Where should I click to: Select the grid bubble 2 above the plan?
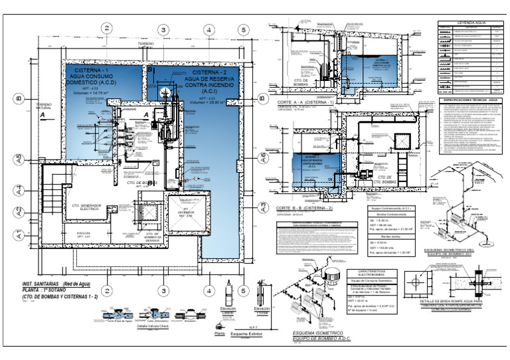106,28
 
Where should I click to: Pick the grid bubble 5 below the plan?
243,290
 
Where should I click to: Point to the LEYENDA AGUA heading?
471,23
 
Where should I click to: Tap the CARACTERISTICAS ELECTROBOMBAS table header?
367,274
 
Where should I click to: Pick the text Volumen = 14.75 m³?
90,93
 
